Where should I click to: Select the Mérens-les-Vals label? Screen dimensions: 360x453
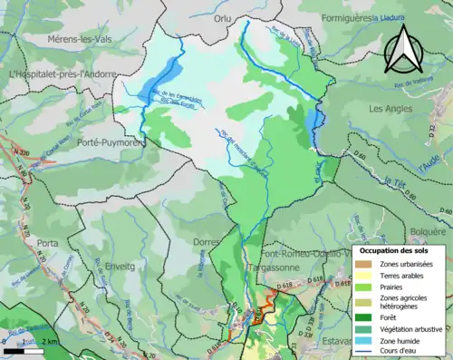[x=60, y=40]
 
